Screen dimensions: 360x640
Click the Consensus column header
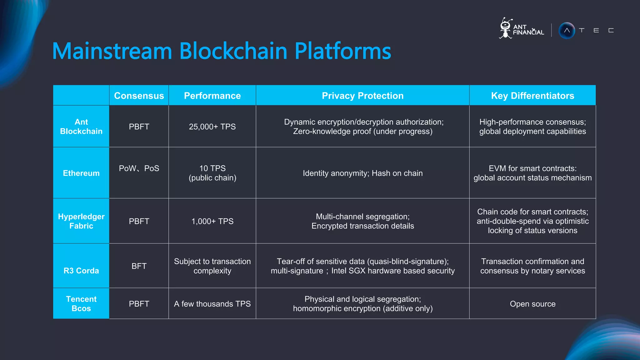pyautogui.click(x=139, y=96)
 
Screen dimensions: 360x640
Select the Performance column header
pyautogui.click(x=212, y=96)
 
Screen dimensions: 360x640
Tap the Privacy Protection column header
pyautogui.click(x=362, y=96)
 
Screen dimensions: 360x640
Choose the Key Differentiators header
pyautogui.click(x=532, y=96)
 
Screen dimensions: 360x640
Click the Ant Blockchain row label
pyautogui.click(x=81, y=127)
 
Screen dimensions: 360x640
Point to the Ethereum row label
pyautogui.click(x=81, y=173)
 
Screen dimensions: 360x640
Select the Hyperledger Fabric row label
pyautogui.click(x=81, y=221)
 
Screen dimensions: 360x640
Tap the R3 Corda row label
pyautogui.click(x=81, y=271)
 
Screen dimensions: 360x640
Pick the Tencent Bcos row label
pyautogui.click(x=81, y=304)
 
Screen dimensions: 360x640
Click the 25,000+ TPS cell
pyautogui.click(x=212, y=127)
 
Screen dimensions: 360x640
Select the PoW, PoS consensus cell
pyautogui.click(x=139, y=168)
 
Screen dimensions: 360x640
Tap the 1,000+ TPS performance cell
pyautogui.click(x=212, y=221)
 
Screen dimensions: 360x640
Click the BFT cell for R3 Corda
pyautogui.click(x=139, y=266)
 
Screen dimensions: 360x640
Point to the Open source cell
pyautogui.click(x=532, y=304)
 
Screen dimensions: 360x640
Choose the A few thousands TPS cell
pyautogui.click(x=212, y=304)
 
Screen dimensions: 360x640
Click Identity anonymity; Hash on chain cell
pyautogui.click(x=362, y=173)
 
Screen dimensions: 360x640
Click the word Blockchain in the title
pyautogui.click(x=233, y=51)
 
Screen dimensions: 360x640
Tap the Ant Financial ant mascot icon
pyautogui.click(x=505, y=28)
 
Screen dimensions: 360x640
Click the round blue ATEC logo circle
pyautogui.click(x=567, y=31)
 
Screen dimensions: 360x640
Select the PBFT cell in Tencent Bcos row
pyautogui.click(x=139, y=304)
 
